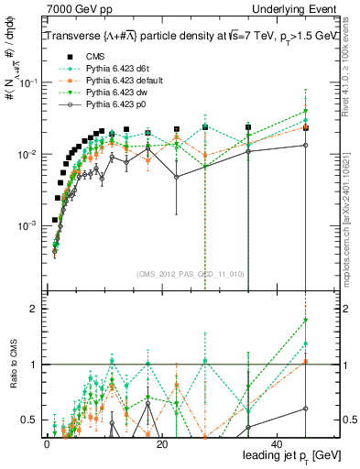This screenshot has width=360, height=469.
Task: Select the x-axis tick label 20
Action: [161, 444]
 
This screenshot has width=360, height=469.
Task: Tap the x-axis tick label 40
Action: [277, 444]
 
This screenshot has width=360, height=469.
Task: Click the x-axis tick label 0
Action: [46, 444]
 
